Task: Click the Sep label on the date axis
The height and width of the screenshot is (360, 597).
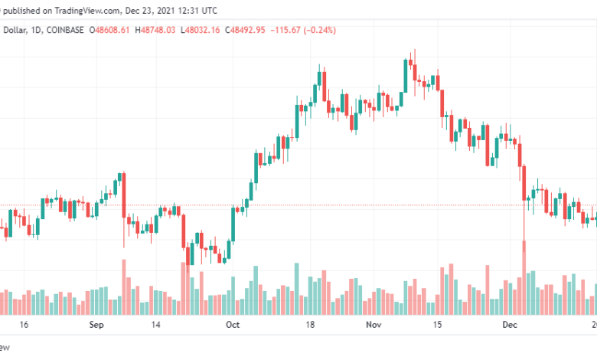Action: pos(96,325)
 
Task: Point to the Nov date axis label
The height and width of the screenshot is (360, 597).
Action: pos(374,325)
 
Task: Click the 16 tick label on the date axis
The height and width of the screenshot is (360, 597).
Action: pos(24,325)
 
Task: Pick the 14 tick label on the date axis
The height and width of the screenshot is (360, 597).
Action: pos(156,325)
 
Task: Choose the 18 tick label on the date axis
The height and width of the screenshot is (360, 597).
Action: pos(311,325)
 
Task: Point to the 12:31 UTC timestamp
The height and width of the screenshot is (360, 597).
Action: pos(196,9)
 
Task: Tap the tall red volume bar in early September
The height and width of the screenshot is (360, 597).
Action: pos(123,286)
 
